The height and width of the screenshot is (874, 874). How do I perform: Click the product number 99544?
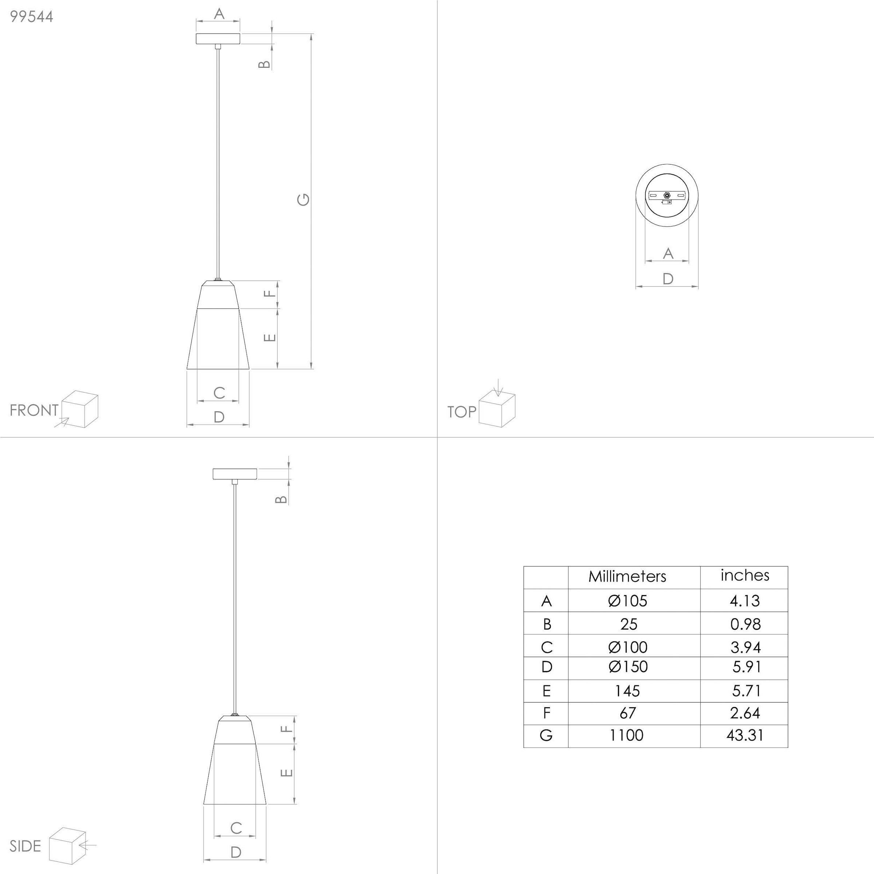pyautogui.click(x=32, y=17)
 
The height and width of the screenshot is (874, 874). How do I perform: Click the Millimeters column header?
pyautogui.click(x=627, y=576)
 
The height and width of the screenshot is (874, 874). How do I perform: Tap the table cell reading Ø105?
pyautogui.click(x=628, y=601)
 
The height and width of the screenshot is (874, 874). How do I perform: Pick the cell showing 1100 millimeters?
pyautogui.click(x=626, y=735)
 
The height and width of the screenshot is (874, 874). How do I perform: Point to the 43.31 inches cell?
pyautogui.click(x=745, y=735)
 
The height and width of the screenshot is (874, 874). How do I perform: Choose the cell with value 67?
pyautogui.click(x=627, y=713)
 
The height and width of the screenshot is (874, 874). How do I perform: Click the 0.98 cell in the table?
pyautogui.click(x=745, y=624)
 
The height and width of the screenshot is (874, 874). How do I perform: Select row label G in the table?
pyautogui.click(x=546, y=735)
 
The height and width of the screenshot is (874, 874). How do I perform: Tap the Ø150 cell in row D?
pyautogui.click(x=628, y=666)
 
